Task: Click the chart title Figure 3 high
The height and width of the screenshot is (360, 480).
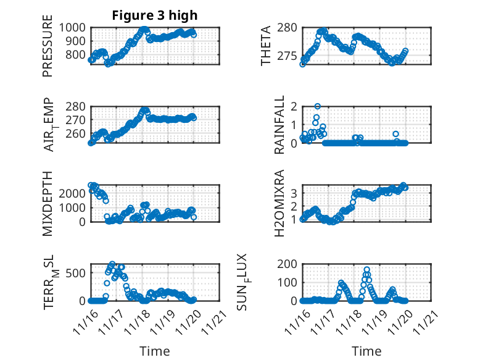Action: pos(155,15)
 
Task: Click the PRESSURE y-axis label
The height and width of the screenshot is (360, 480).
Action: pos(48,51)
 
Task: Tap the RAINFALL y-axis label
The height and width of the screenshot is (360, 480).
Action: pos(280,125)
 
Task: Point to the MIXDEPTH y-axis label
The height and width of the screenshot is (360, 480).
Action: pos(48,204)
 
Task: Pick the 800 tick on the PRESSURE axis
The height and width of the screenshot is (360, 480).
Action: pos(78,54)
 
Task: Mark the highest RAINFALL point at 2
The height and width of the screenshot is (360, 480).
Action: pos(317,106)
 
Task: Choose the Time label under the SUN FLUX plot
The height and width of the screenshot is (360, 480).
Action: pos(366,351)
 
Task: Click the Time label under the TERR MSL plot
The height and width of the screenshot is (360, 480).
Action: pos(155,351)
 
